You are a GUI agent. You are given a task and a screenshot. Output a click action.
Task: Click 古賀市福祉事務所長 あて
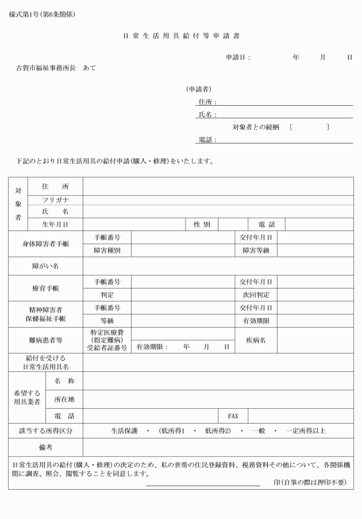56,68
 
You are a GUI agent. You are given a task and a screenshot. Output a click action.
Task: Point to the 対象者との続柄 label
255,127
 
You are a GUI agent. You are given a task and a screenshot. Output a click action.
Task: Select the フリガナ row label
55,200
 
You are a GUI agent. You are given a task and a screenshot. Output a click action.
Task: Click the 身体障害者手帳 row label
46,244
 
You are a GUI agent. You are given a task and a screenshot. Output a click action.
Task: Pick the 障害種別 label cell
107,250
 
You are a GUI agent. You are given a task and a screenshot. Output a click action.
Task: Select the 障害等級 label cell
256,250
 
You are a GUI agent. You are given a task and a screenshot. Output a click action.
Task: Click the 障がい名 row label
46,266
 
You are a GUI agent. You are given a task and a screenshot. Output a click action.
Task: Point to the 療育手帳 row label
46,288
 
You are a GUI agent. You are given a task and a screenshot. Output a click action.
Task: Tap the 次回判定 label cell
256,295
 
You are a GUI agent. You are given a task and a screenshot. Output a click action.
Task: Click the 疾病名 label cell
256,340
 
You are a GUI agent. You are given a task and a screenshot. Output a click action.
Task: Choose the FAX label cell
233,416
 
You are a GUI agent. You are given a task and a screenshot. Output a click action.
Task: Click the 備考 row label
46,447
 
